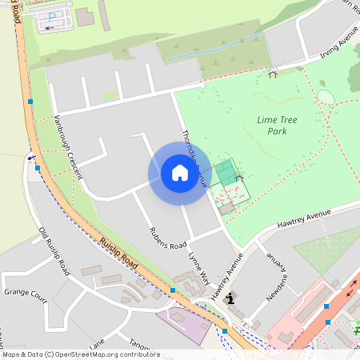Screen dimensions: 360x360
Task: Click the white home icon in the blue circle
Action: pyautogui.click(x=179, y=173)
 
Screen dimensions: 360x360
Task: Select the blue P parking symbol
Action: pyautogui.click(x=53, y=16)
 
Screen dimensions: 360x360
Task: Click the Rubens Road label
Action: pyautogui.click(x=167, y=238)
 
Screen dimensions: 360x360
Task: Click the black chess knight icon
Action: pyautogui.click(x=231, y=299)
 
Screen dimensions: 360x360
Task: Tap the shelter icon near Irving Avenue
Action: pyautogui.click(x=273, y=73)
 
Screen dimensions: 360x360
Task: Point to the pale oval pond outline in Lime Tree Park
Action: pyautogui.click(x=326, y=97)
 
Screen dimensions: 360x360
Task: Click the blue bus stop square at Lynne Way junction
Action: pyautogui.click(x=173, y=290)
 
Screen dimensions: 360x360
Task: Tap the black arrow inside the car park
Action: pyautogui.click(x=50, y=28)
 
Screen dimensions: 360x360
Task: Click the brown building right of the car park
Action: pyautogui.click(x=85, y=16)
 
